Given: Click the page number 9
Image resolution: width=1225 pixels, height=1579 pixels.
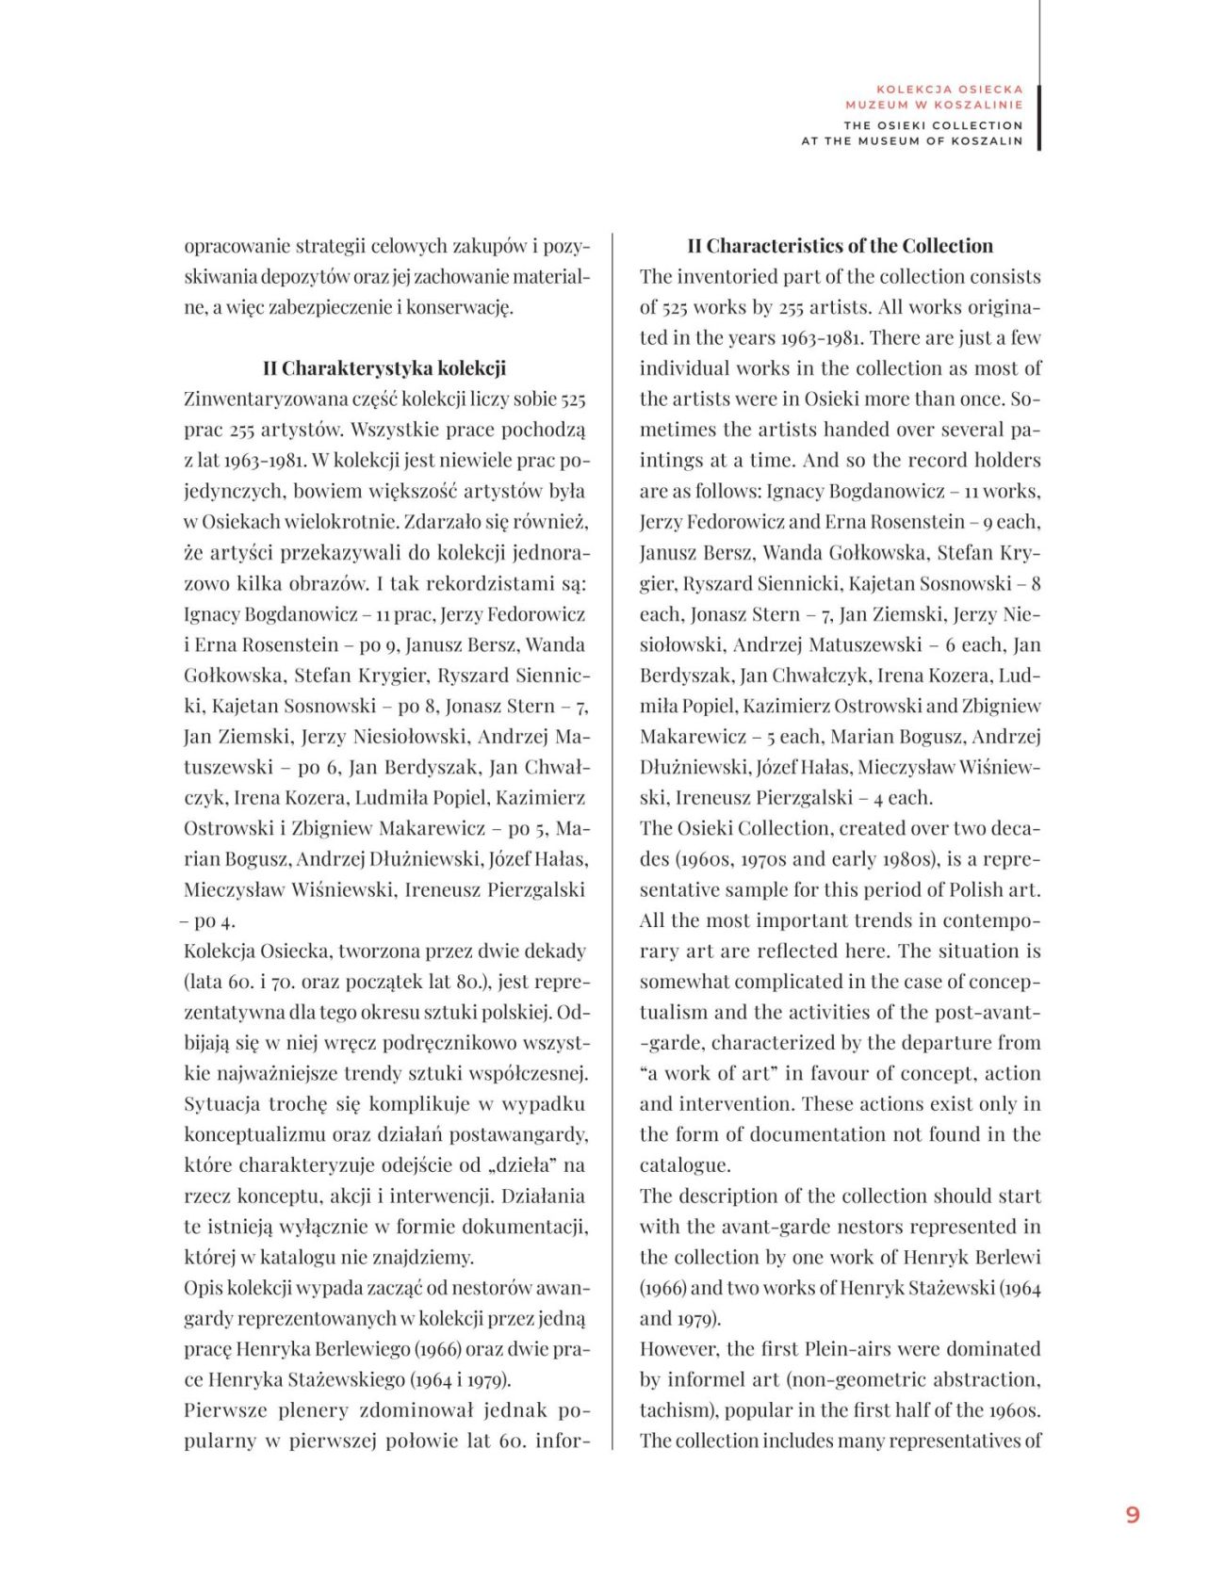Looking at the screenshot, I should pyautogui.click(x=1132, y=1513).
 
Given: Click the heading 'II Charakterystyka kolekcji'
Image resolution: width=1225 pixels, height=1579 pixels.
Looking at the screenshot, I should pyautogui.click(x=384, y=368).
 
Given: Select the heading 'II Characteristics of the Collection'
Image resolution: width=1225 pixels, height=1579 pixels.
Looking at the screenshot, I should pyautogui.click(x=840, y=246).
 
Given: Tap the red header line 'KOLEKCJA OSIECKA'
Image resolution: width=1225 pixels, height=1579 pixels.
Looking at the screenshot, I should pyautogui.click(x=949, y=90).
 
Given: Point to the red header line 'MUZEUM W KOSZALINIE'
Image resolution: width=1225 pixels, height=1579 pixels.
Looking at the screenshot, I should pyautogui.click(x=933, y=106).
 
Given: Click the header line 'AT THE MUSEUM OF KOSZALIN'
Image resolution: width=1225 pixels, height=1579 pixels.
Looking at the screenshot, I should pyautogui.click(x=911, y=141).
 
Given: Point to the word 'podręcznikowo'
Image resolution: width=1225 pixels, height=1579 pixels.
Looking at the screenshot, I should pyautogui.click(x=436, y=1043).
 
